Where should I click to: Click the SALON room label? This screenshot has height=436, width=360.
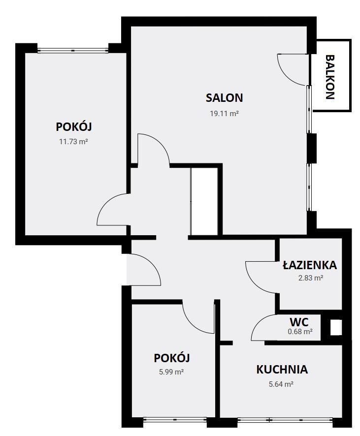pyautogui.click(x=224, y=98)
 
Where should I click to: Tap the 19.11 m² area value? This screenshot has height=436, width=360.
pyautogui.click(x=224, y=114)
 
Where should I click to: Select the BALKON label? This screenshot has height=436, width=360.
pyautogui.click(x=330, y=77)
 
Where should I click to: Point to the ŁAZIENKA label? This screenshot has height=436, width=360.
pyautogui.click(x=310, y=265)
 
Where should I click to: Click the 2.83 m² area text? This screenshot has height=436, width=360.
pyautogui.click(x=310, y=278)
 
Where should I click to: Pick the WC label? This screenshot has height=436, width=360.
pyautogui.click(x=299, y=322)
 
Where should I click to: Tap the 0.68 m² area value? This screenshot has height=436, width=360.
pyautogui.click(x=300, y=331)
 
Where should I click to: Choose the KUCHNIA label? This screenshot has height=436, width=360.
pyautogui.click(x=282, y=370)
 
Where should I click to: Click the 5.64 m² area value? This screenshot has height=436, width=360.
pyautogui.click(x=281, y=384)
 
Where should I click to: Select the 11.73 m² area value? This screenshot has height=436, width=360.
pyautogui.click(x=73, y=142)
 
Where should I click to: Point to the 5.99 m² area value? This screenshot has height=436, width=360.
pyautogui.click(x=171, y=372)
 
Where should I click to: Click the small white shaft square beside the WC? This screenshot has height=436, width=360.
pyautogui.click(x=336, y=327)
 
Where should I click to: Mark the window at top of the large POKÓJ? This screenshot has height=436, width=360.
pyautogui.click(x=73, y=50)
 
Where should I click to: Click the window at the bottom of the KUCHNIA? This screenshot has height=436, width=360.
pyautogui.click(x=285, y=420)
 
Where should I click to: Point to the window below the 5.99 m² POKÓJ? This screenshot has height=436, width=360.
pyautogui.click(x=175, y=420)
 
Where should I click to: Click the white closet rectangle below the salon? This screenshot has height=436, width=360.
pyautogui.click(x=204, y=201)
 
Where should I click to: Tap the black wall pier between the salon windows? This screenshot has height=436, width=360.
pyautogui.click(x=312, y=148)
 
